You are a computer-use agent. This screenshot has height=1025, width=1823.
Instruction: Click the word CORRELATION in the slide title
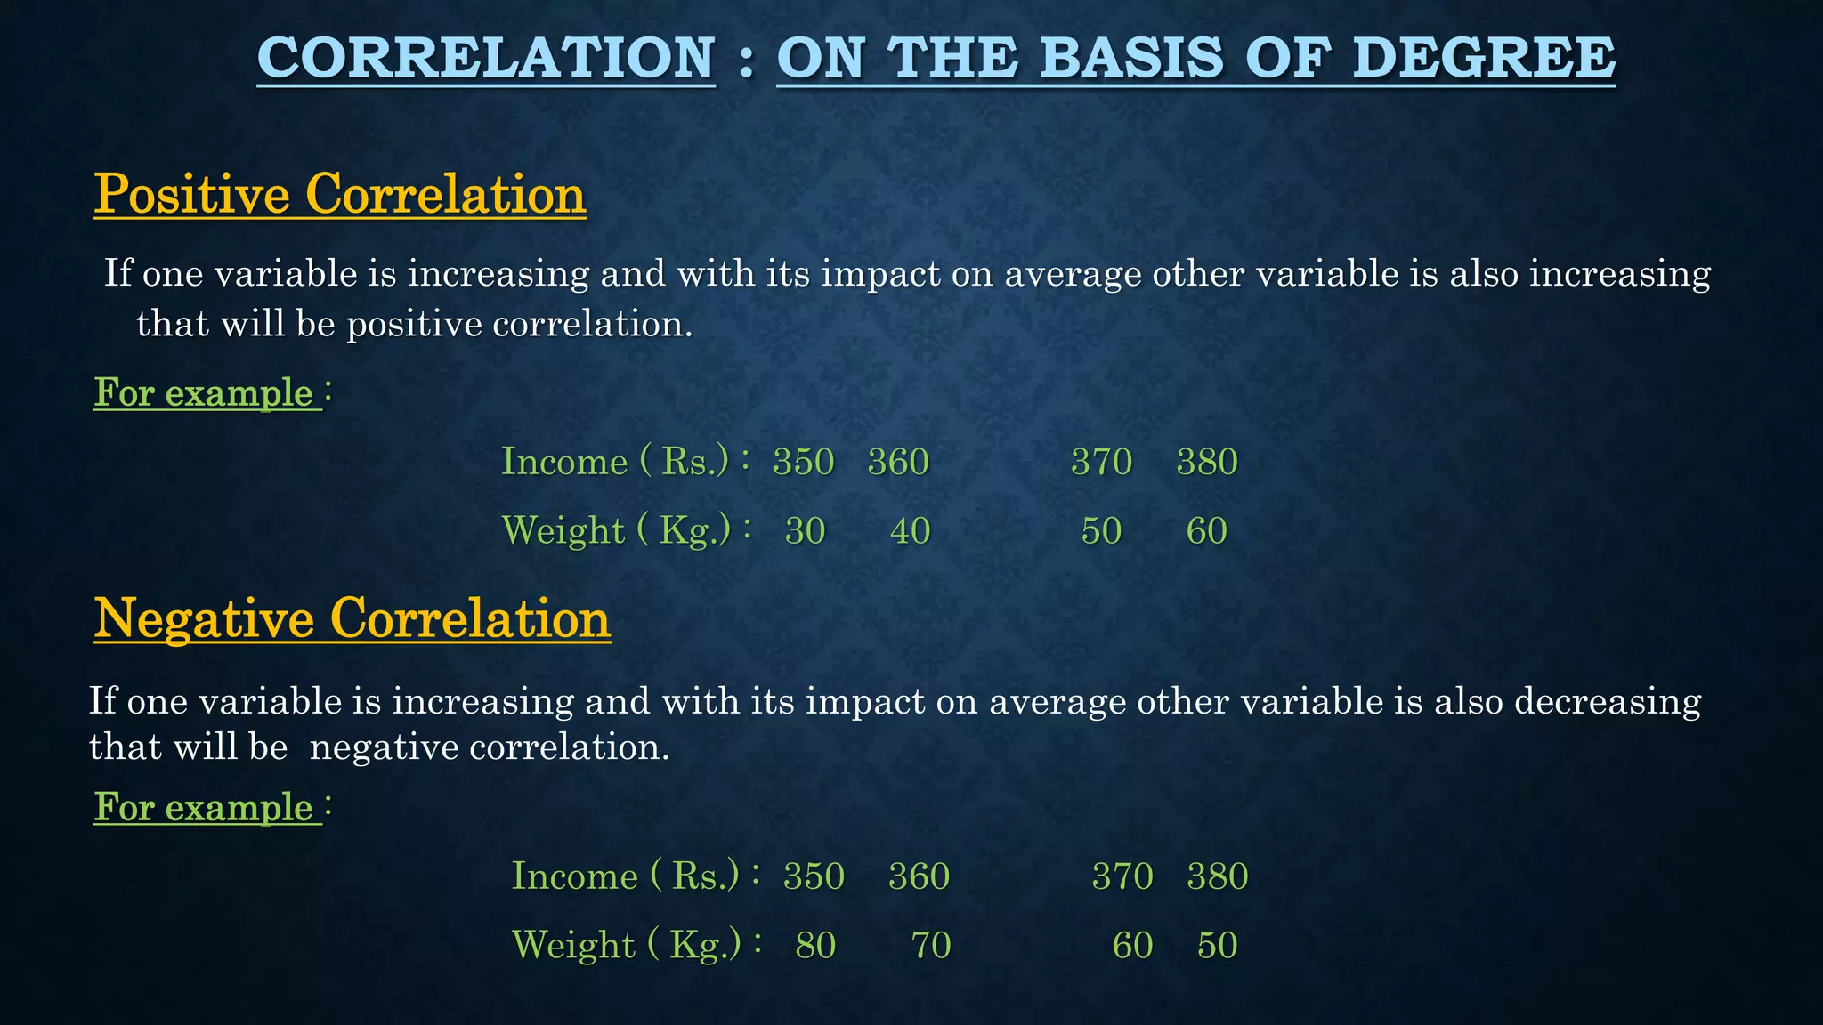point(486,58)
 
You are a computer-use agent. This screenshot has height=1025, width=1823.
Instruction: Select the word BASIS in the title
point(1130,58)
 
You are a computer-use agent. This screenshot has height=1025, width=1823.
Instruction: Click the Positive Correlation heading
point(340,194)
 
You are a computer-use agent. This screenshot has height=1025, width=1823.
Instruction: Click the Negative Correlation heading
point(352,618)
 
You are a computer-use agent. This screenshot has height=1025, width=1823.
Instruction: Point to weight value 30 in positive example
point(806,531)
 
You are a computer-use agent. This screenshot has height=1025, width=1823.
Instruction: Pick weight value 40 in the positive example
point(911,531)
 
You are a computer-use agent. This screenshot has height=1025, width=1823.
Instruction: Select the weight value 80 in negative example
point(815,945)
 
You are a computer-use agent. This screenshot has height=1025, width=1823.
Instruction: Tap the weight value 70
point(931,945)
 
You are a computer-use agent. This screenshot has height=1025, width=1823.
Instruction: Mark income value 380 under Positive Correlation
point(1207,462)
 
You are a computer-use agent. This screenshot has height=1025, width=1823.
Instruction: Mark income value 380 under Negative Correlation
point(1218,876)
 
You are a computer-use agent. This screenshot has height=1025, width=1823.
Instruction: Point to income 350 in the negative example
point(814,876)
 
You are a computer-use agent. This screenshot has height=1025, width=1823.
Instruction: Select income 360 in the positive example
point(898,462)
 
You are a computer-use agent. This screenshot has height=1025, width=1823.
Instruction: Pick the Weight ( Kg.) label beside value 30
point(617,530)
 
